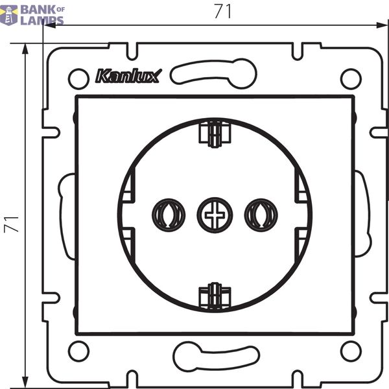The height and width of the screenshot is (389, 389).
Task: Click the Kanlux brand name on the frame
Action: click(128, 76)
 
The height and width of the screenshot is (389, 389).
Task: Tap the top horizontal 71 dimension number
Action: click(223, 11)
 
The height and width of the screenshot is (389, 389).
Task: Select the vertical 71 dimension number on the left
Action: click(12, 224)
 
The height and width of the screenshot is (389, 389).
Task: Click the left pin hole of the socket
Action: click(169, 215)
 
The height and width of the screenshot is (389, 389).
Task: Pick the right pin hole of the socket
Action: click(261, 215)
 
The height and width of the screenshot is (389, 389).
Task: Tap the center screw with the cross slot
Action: click(215, 215)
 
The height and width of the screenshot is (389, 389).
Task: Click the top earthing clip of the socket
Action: click(215, 134)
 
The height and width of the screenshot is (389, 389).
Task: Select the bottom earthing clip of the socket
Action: click(215, 296)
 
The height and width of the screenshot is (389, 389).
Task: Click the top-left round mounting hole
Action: click(78, 78)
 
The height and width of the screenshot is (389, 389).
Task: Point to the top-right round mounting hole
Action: click(351, 78)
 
